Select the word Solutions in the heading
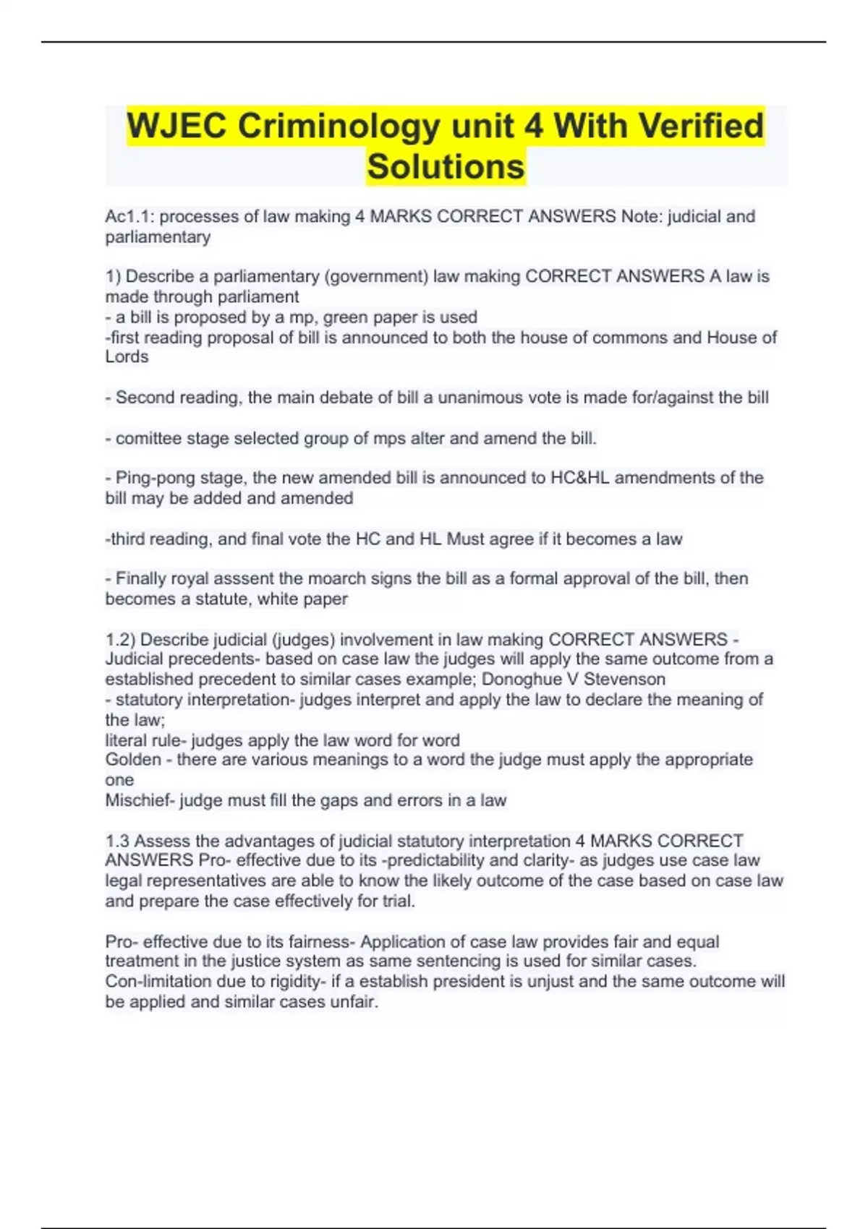click(446, 167)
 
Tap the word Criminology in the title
click(339, 127)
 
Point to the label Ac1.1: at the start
click(129, 217)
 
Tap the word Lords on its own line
click(127, 357)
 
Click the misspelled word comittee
click(147, 439)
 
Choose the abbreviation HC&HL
click(576, 478)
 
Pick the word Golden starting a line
click(133, 760)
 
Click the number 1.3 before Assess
click(117, 842)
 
